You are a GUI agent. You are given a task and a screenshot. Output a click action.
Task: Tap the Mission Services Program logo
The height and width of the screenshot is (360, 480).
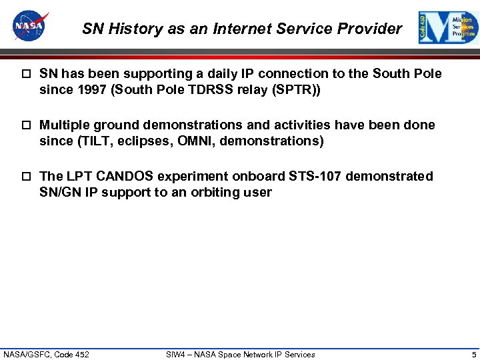448,27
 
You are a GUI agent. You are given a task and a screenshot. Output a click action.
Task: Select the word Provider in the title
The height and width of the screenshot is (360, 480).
373,29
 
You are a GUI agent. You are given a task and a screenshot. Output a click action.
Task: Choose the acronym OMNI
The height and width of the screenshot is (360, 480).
235,141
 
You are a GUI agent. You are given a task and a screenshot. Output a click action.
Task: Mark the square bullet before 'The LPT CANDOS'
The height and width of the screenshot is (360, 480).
26,177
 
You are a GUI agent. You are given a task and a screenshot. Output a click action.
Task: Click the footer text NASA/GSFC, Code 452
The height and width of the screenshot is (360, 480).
46,354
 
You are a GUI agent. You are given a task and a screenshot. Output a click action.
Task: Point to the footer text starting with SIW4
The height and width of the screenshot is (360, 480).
240,354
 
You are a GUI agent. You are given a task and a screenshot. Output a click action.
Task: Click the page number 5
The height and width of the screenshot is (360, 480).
473,354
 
